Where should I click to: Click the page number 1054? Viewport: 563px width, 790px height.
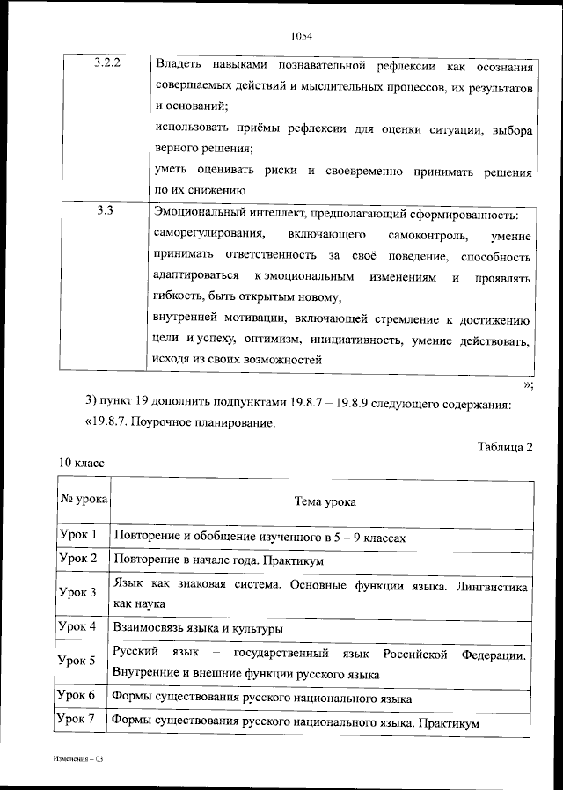pos(301,36)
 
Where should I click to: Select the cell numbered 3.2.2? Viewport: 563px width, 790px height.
pos(106,64)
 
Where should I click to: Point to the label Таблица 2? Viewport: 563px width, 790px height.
pos(505,447)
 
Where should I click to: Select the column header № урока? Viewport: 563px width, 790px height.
pos(84,499)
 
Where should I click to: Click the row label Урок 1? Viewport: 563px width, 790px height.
pos(77,535)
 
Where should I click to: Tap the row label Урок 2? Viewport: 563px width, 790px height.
pos(77,559)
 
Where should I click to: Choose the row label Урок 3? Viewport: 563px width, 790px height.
pos(77,592)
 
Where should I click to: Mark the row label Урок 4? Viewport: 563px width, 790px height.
pos(77,626)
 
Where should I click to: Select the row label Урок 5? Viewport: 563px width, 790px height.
pos(77,661)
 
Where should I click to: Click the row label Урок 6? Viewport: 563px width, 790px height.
pos(77,695)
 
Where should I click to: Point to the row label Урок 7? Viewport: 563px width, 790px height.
pos(77,721)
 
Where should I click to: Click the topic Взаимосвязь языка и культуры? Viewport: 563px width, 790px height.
pos(198,628)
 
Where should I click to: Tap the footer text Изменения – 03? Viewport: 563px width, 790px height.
pos(77,758)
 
